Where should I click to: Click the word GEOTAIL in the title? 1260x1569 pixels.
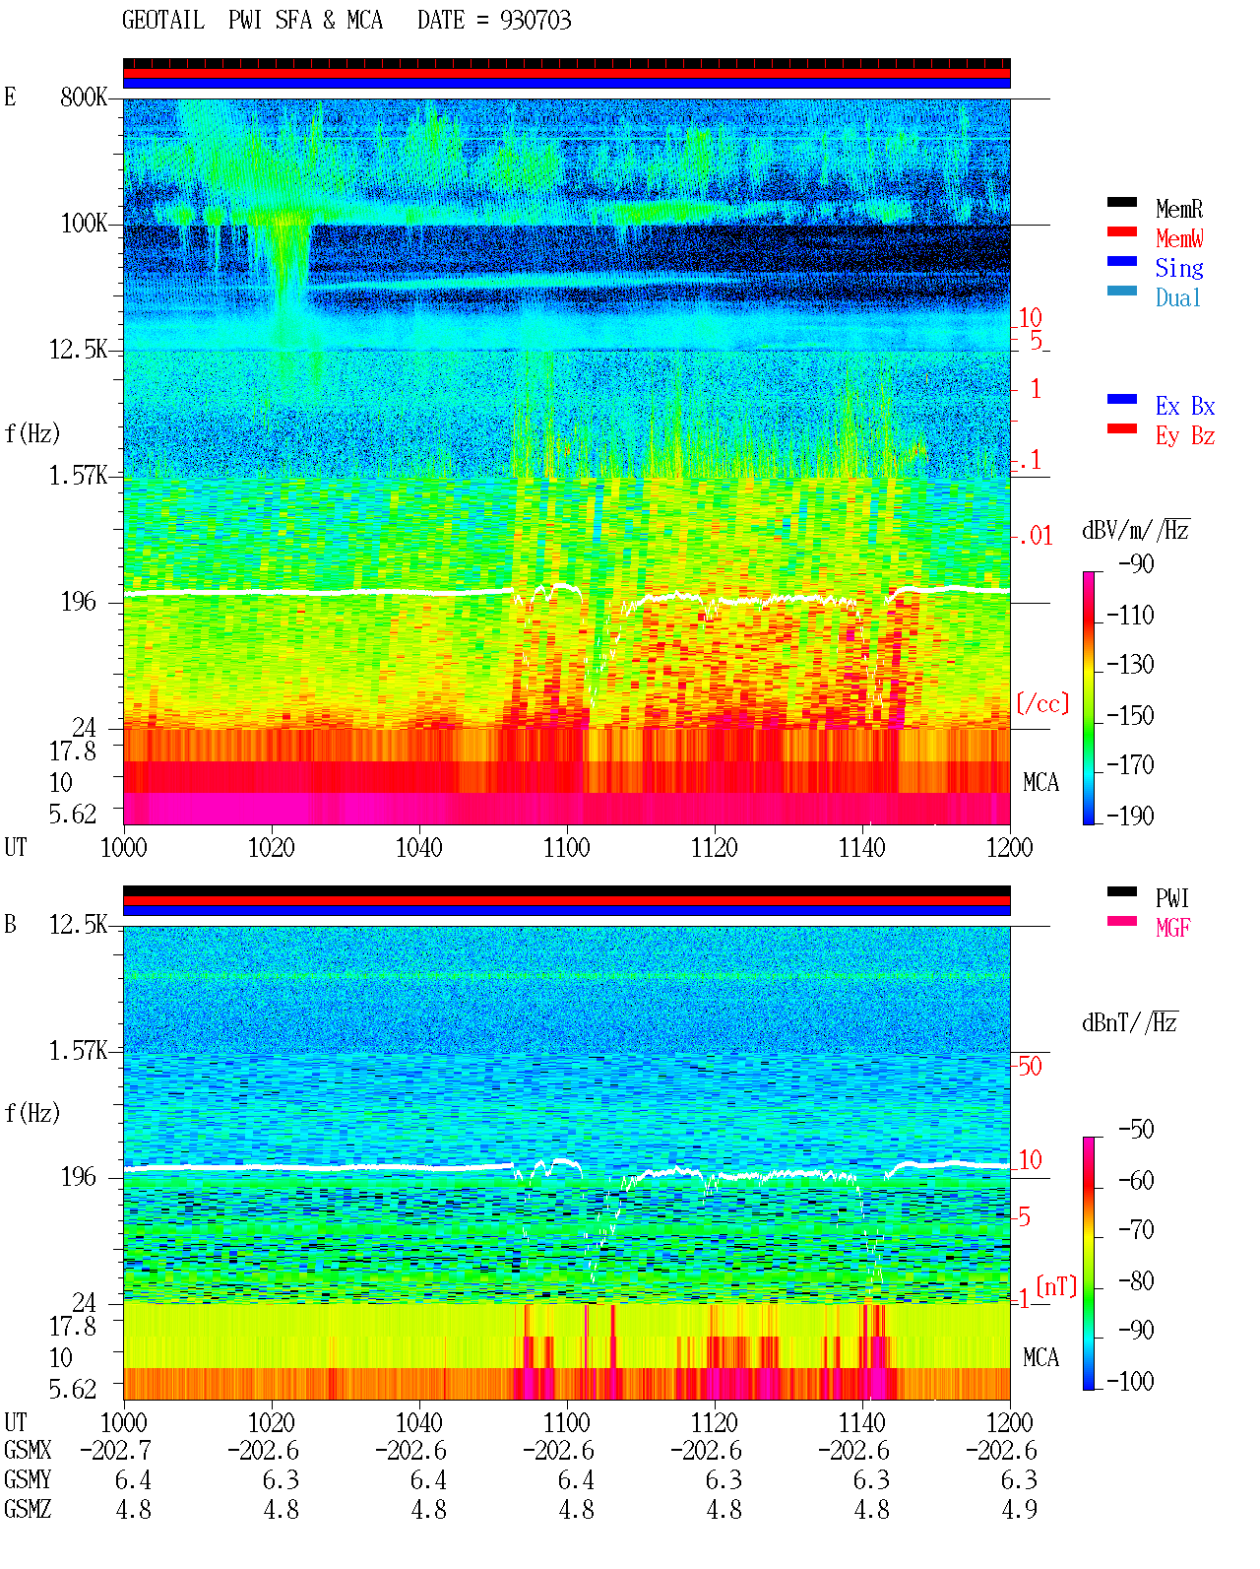163,20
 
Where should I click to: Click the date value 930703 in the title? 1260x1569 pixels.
535,20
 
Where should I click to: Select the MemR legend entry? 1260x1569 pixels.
1179,209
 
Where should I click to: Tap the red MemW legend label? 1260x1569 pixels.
1179,237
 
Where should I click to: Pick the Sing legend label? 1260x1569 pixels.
1179,268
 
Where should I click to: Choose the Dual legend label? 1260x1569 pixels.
1178,297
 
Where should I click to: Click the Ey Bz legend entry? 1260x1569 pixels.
1185,435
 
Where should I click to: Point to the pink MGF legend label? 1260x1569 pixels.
1173,928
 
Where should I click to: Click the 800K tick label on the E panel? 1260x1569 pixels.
84,97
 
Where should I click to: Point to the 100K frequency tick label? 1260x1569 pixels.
84,224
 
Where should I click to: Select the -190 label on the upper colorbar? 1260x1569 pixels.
1131,816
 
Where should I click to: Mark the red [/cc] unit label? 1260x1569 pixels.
1042,703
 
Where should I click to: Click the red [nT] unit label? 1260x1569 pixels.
1056,1286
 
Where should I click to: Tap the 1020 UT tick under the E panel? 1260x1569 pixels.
271,847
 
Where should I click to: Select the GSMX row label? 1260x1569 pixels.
28,1450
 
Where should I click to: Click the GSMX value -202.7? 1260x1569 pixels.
116,1450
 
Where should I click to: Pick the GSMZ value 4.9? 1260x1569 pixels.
1020,1509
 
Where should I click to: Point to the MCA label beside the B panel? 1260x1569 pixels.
1040,1357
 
